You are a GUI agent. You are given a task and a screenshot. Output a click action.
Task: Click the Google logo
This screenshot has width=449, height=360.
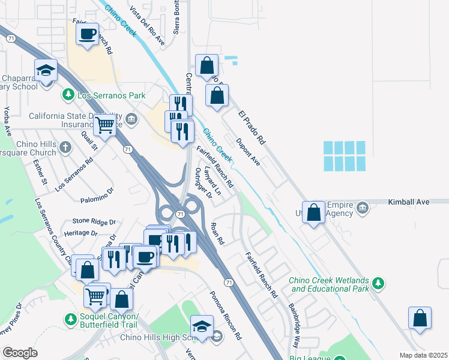pyautogui.click(x=20, y=353)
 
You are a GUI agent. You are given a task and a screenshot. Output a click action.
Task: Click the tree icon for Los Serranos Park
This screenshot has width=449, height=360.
pyautogui.click(x=68, y=95)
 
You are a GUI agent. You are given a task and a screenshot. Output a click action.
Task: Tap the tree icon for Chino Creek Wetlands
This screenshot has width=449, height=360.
pyautogui.click(x=378, y=282)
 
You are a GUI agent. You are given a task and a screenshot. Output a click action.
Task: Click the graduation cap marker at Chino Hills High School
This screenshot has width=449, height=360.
pyautogui.click(x=202, y=326)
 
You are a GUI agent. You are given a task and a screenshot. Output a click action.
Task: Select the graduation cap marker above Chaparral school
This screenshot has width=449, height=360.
pyautogui.click(x=46, y=70)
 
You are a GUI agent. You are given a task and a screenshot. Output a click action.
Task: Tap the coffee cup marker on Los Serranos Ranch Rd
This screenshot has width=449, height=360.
pyautogui.click(x=88, y=33)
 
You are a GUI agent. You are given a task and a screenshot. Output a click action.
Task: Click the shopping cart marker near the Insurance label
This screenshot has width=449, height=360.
pyautogui.click(x=104, y=125)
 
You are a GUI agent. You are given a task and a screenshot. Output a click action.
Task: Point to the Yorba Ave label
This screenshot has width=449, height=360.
pyautogui.click(x=8, y=120)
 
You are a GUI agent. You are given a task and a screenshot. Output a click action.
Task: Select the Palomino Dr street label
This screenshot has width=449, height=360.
pyautogui.click(x=97, y=194)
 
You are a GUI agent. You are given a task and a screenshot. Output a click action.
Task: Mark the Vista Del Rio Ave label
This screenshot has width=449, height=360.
pyautogui.click(x=148, y=25)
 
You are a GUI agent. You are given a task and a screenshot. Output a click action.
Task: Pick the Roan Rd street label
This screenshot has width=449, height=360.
pyautogui.click(x=217, y=233)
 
